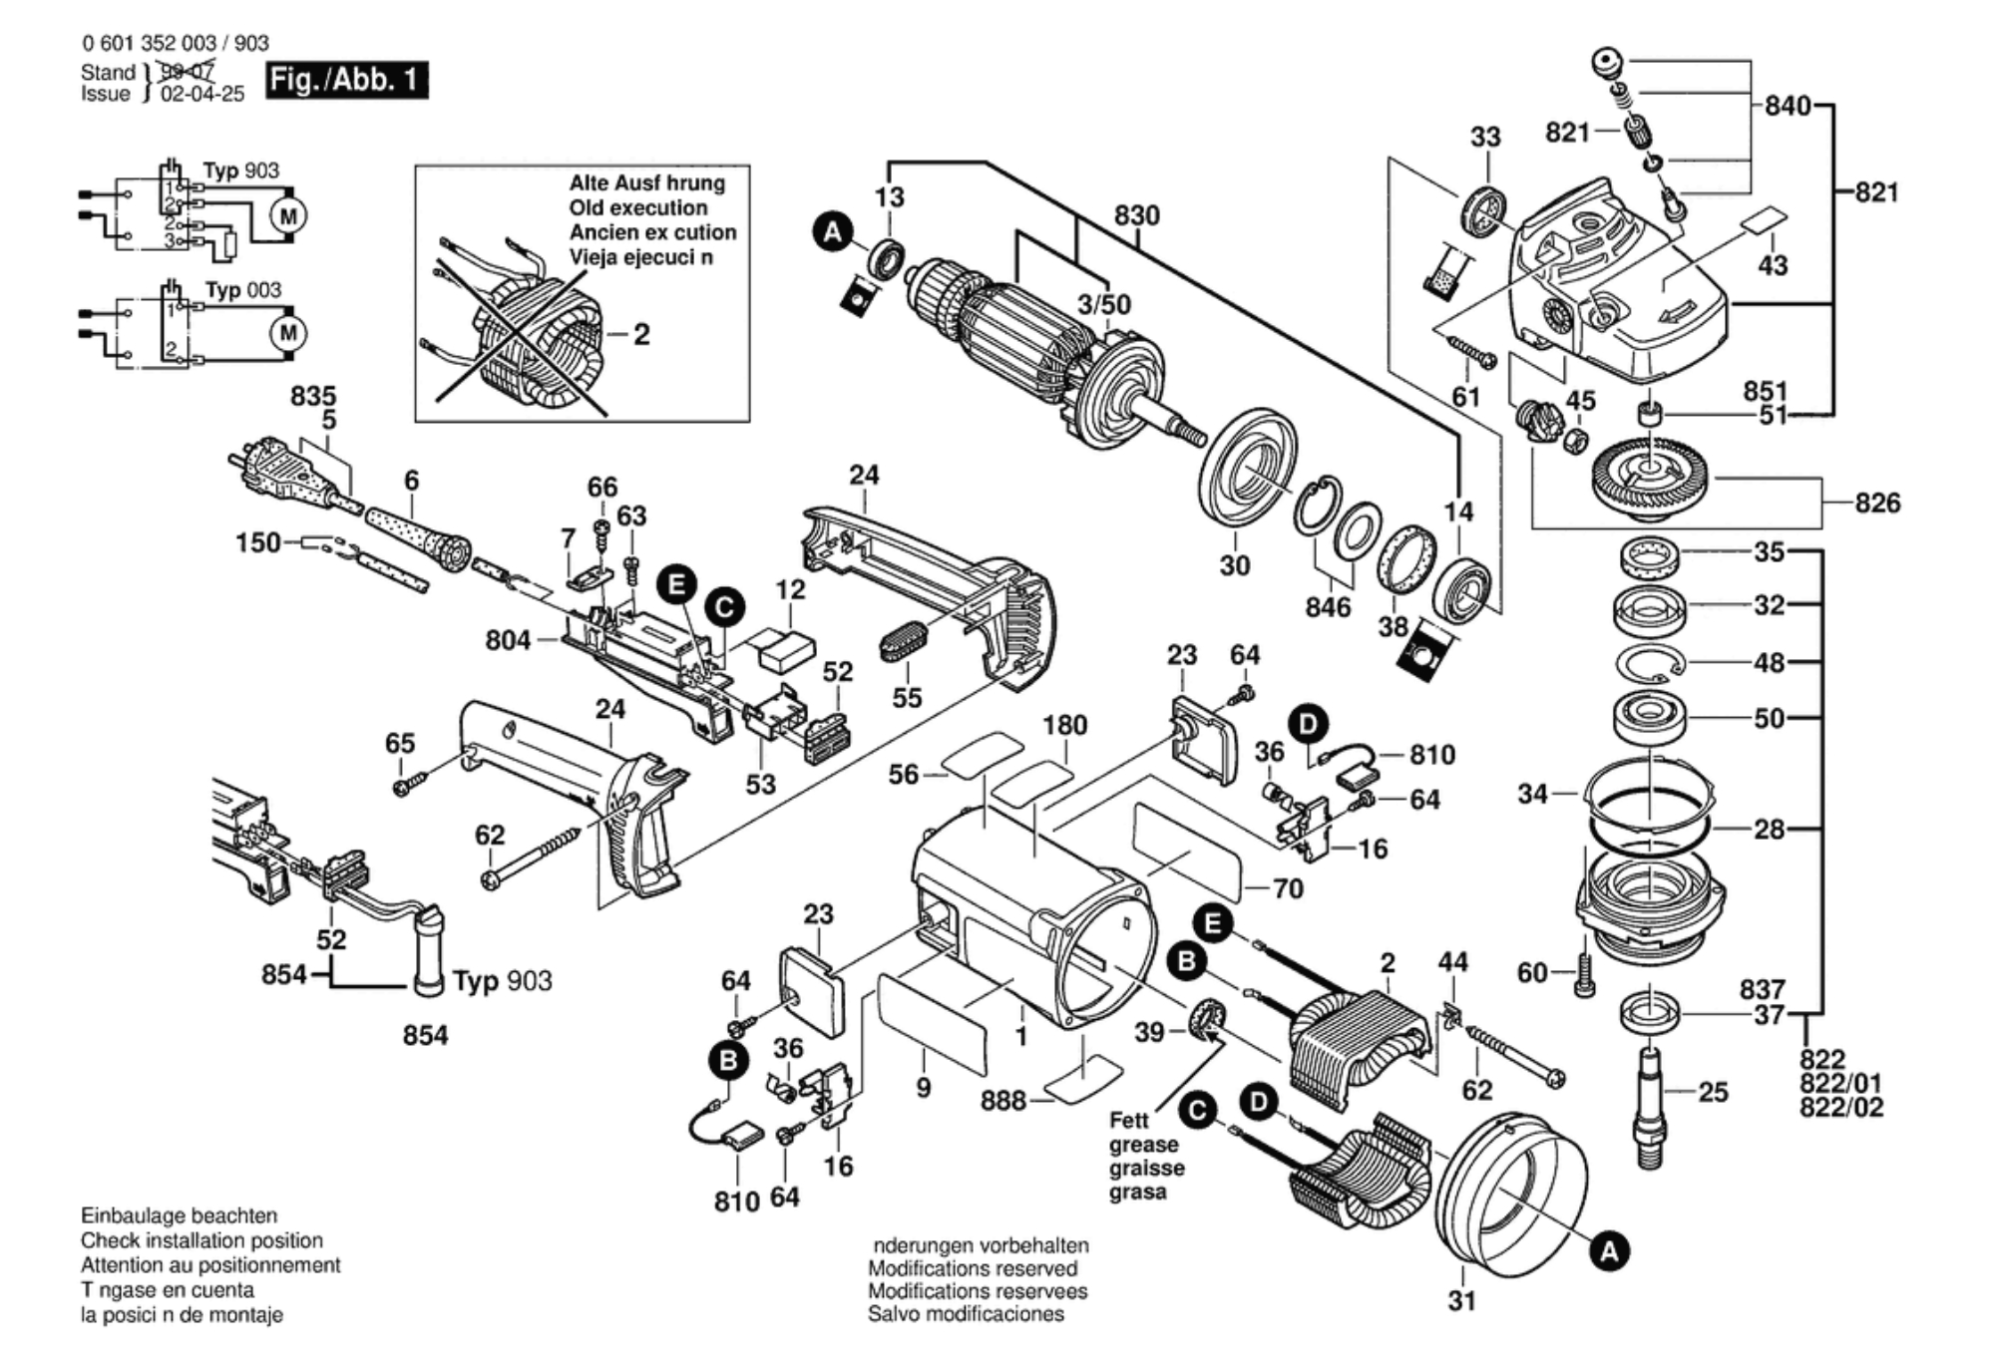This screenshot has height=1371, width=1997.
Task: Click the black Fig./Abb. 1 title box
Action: (346, 80)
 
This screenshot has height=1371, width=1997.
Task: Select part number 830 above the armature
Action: (1136, 215)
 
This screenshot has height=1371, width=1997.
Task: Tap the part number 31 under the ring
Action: (1461, 1300)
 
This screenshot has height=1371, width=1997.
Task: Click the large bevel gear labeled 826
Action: (1651, 481)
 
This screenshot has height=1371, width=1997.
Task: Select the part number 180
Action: (1064, 725)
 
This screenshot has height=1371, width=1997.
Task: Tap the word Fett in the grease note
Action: (1128, 1120)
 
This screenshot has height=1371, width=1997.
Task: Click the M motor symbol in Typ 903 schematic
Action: (288, 215)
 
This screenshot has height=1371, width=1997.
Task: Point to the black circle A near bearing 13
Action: (832, 233)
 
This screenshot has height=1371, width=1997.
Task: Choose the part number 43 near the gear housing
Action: (1773, 265)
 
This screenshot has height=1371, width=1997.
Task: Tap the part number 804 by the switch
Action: (508, 640)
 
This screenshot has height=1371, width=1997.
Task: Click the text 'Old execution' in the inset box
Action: (638, 207)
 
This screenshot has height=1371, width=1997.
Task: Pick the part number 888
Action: (1002, 1100)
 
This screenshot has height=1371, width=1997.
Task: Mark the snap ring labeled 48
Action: (1651, 662)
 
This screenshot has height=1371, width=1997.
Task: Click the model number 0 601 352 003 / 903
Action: (176, 43)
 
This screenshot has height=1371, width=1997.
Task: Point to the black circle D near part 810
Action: (1308, 723)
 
